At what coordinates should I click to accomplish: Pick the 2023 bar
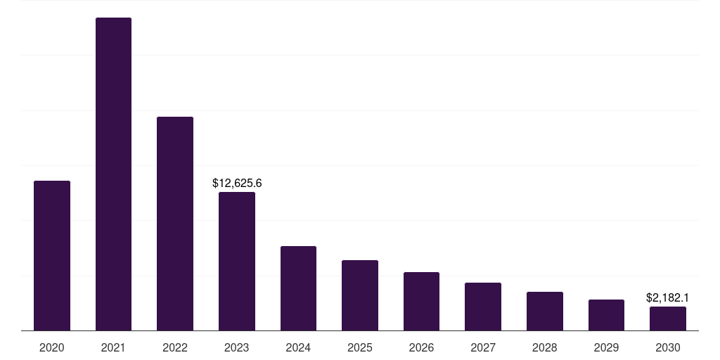tap(237, 261)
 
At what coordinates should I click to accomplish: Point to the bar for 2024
tap(298, 288)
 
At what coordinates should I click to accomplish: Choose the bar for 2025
tap(360, 295)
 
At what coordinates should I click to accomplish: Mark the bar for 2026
tap(421, 301)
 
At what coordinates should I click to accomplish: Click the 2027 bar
tap(483, 307)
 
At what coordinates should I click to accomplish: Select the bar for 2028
tap(545, 311)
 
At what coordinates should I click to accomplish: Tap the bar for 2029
tap(606, 315)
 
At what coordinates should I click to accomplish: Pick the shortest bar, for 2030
tap(668, 319)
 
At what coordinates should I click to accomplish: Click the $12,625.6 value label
tap(237, 183)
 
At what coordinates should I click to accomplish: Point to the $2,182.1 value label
tap(667, 298)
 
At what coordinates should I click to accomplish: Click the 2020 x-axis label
tap(52, 347)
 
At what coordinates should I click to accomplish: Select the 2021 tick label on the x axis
tap(113, 347)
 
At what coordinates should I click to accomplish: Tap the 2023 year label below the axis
tap(237, 347)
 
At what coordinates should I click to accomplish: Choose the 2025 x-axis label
tap(360, 347)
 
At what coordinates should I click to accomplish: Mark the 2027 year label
tap(483, 347)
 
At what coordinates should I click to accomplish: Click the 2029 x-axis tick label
tap(606, 347)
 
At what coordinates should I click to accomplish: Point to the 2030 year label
tap(668, 347)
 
